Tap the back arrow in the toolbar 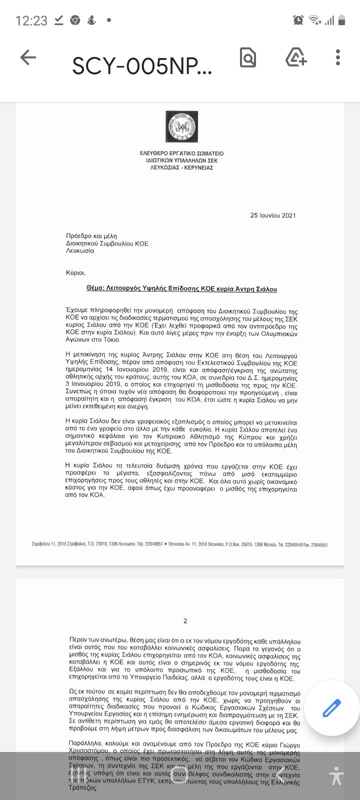[28, 58]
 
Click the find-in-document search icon [248, 58]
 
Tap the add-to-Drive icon [296, 57]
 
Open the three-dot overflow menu [338, 58]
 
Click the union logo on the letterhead [181, 126]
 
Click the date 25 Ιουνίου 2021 [273, 215]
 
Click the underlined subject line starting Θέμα [181, 289]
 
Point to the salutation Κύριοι [76, 273]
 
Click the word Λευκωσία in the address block [80, 251]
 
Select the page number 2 [185, 621]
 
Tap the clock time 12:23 [31, 20]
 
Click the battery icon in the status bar [342, 20]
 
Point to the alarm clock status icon [298, 20]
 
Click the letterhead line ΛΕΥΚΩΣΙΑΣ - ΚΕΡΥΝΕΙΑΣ [181, 168]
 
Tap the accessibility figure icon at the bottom [336, 775]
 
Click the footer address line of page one [180, 544]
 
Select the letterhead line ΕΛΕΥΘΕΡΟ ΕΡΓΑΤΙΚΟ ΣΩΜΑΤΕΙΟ [181, 153]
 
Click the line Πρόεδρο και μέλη [91, 236]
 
